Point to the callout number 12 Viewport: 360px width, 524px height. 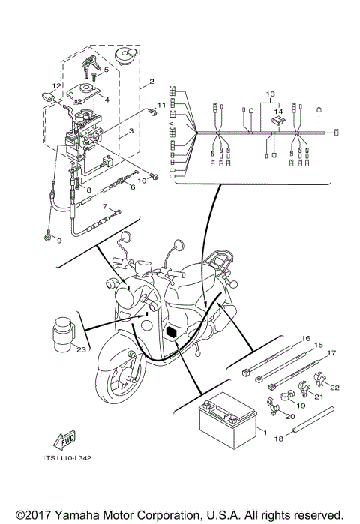pyautogui.click(x=56, y=86)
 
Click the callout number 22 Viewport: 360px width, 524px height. pyautogui.click(x=335, y=387)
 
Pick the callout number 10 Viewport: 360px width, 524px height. pyautogui.click(x=140, y=180)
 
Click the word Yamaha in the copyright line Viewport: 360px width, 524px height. pyautogui.click(x=95, y=515)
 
